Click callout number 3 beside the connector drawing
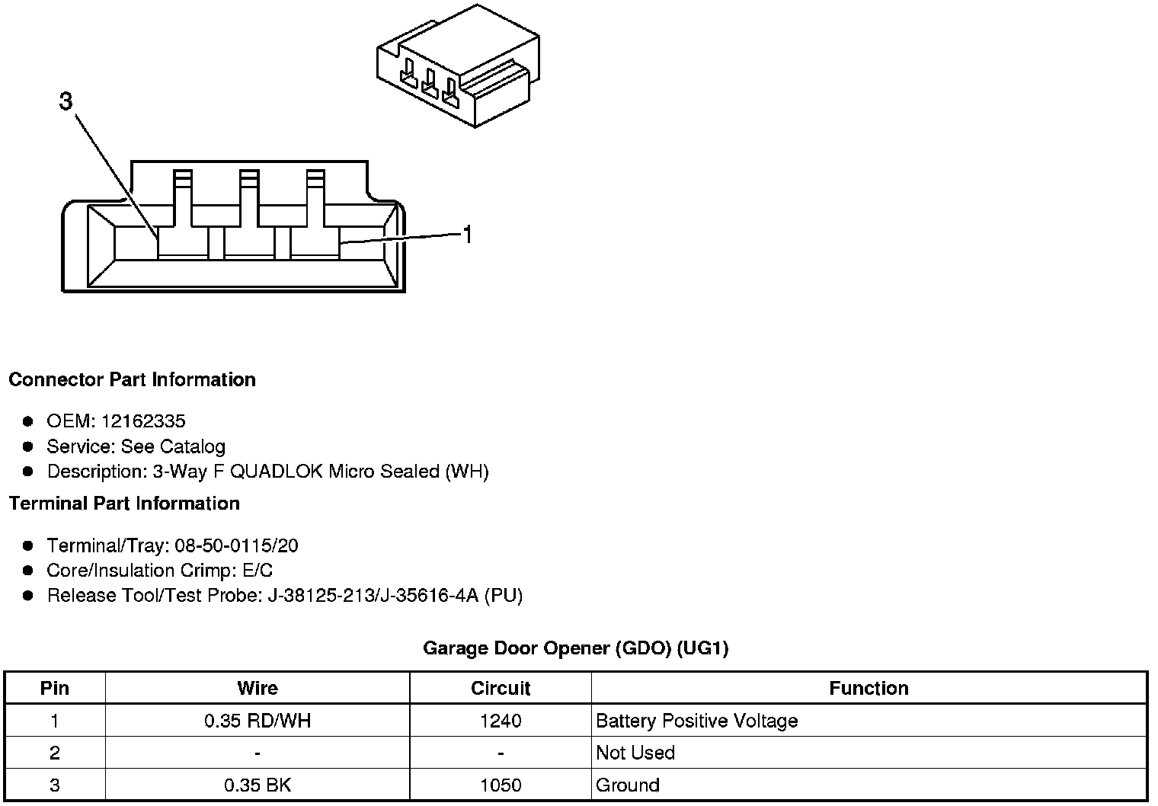tap(66, 101)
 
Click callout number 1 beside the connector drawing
tap(468, 235)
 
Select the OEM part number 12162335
tap(143, 421)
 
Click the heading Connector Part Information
tap(132, 379)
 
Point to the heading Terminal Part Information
tap(124, 504)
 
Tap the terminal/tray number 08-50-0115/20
tap(236, 545)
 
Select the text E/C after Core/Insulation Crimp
tap(256, 571)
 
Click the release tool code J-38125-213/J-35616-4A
tap(373, 596)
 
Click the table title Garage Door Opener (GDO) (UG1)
tap(575, 648)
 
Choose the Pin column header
tap(55, 689)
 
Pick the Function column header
tap(868, 689)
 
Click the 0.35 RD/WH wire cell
tap(258, 721)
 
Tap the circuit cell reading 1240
tap(501, 721)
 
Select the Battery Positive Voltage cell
tap(696, 721)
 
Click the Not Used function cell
tap(635, 753)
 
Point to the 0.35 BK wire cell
tap(258, 785)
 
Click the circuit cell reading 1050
tap(501, 785)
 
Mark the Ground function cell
tap(628, 785)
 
